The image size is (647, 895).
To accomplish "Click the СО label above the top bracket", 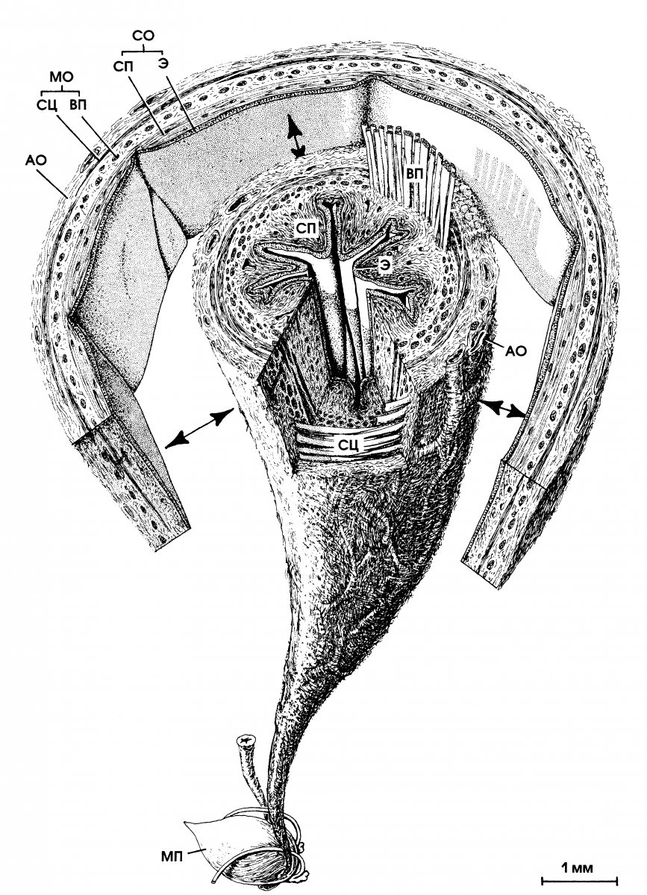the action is point(143,36).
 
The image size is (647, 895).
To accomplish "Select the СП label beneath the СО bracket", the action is point(123,66).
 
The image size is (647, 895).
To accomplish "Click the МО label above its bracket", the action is point(62,76).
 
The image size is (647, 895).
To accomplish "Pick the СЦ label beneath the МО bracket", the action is point(47,106).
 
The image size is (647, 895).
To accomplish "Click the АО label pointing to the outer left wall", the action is point(36,160).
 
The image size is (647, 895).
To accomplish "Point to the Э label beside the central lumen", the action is point(384,267).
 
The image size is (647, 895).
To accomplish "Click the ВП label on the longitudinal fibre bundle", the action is point(414,174).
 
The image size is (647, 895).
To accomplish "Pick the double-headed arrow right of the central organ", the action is point(502,409).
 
